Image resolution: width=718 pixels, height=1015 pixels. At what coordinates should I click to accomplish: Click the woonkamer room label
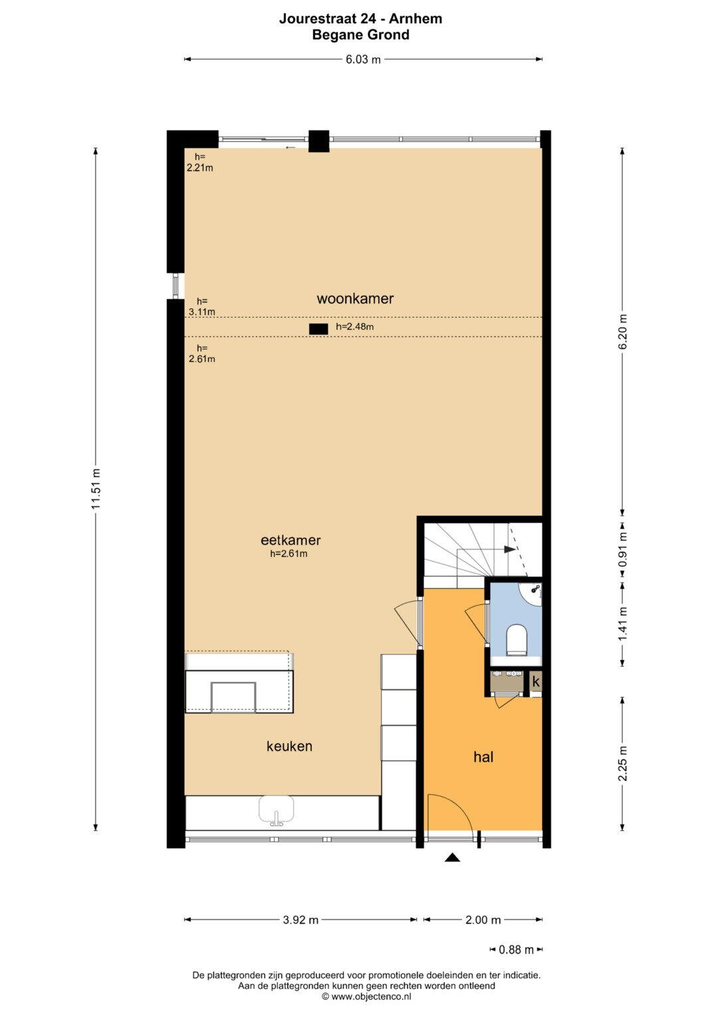pos(355,298)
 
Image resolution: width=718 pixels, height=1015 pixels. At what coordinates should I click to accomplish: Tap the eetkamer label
pos(291,540)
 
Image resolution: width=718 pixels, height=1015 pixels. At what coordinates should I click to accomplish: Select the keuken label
pos(289,746)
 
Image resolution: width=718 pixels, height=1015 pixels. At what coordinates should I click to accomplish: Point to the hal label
pos(483,756)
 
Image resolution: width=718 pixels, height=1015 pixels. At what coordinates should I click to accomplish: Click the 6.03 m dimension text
pos(364,59)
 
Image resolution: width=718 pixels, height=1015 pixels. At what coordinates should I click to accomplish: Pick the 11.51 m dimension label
pos(95,489)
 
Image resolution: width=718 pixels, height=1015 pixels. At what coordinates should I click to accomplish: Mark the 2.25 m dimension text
pos(623,764)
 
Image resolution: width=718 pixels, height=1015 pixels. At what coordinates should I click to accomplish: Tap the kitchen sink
pos(276,810)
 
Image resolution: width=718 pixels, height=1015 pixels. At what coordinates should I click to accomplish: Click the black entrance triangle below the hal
pos(452,857)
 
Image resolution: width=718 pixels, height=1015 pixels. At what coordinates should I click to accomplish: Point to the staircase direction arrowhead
pos(511,550)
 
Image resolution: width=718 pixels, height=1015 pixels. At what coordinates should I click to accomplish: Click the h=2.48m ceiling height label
pos(355,327)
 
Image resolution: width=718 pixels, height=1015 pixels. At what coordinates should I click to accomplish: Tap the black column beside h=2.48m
pos(318,329)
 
